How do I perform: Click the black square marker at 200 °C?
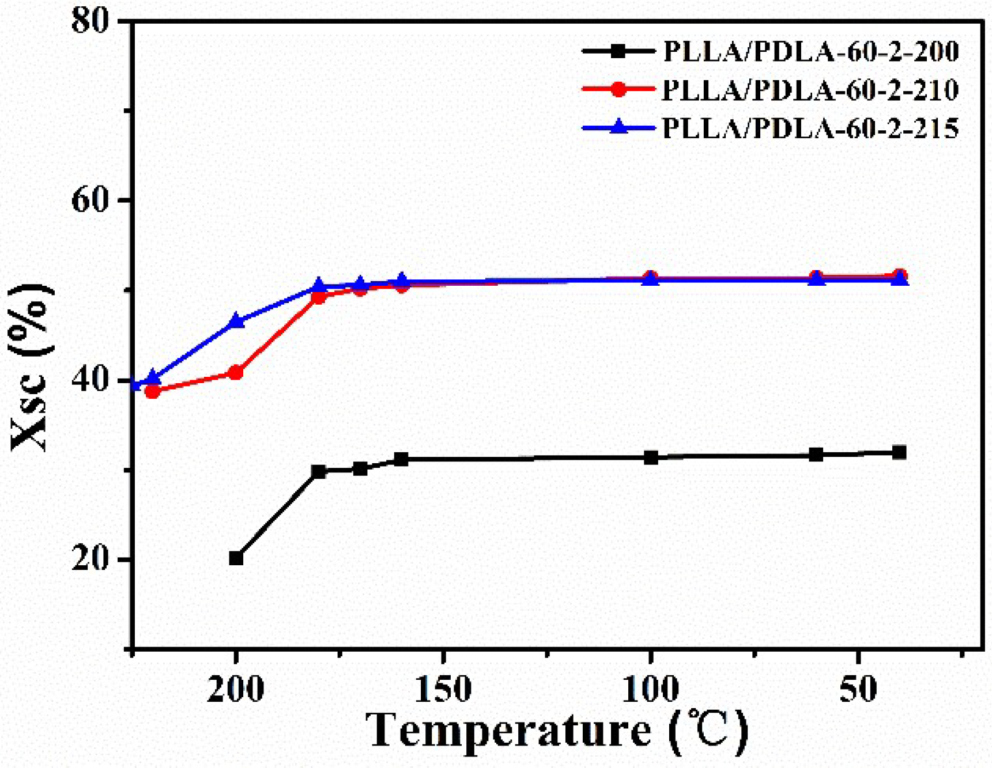236,558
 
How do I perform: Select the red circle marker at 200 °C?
236,373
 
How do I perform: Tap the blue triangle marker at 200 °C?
236,321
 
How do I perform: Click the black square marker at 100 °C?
651,457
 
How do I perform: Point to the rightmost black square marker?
899,452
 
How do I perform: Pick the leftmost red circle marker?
152,391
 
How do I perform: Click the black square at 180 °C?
319,471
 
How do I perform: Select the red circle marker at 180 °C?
319,297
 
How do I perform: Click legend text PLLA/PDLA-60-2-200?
810,52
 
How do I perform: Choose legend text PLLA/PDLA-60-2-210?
810,90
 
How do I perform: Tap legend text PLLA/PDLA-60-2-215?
810,128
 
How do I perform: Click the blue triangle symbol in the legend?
618,127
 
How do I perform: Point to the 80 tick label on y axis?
90,21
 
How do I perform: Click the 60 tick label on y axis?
90,200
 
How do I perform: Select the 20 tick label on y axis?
90,559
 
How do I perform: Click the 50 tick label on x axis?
858,688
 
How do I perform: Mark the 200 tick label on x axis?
235,688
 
